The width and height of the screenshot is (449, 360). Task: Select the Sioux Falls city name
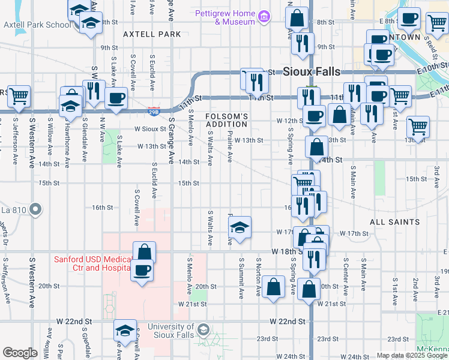[312, 71]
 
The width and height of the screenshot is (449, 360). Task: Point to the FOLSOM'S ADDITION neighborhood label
[226, 120]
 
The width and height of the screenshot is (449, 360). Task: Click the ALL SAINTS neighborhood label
[394, 222]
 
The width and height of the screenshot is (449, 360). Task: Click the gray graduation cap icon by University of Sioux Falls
[204, 330]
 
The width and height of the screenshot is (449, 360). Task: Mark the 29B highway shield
[154, 111]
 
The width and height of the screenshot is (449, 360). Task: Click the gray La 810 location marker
[35, 209]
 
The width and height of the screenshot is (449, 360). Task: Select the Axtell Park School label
[37, 25]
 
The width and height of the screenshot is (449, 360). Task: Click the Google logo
[20, 353]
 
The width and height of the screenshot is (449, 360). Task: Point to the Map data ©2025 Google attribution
[412, 355]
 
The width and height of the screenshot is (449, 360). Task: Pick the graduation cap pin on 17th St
[240, 227]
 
